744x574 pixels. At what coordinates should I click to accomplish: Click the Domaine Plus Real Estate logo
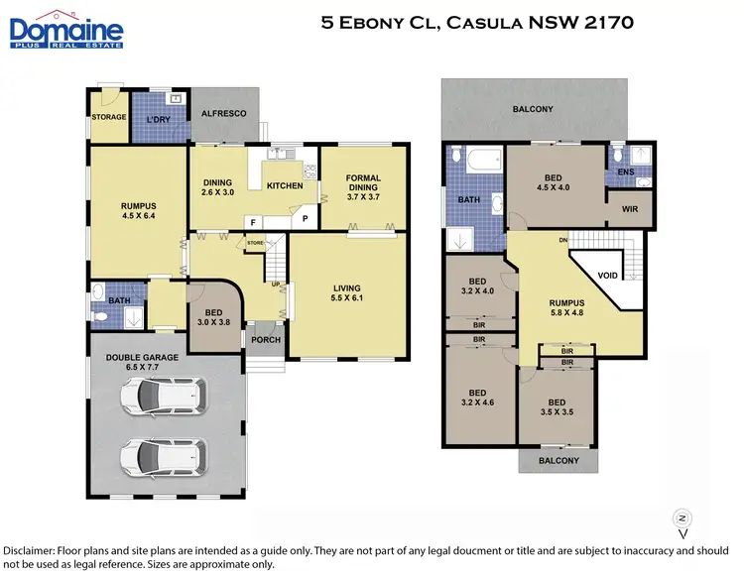[66, 29]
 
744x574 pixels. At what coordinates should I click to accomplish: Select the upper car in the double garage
[164, 399]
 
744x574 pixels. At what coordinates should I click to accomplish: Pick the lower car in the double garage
[164, 457]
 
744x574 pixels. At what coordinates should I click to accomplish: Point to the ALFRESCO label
[223, 114]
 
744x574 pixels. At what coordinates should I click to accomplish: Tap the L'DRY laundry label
[159, 118]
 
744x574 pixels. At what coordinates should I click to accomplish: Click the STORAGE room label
[109, 118]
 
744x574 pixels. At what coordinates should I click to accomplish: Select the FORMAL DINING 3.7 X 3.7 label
[363, 184]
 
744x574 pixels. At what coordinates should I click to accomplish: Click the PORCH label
[266, 340]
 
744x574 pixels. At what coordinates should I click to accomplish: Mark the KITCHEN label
[285, 185]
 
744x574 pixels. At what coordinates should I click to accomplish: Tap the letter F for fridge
[254, 223]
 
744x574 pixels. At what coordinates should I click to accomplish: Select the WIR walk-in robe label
[630, 209]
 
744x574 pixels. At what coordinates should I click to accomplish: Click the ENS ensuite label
[626, 172]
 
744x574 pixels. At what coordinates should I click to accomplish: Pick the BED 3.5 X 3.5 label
[556, 407]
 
